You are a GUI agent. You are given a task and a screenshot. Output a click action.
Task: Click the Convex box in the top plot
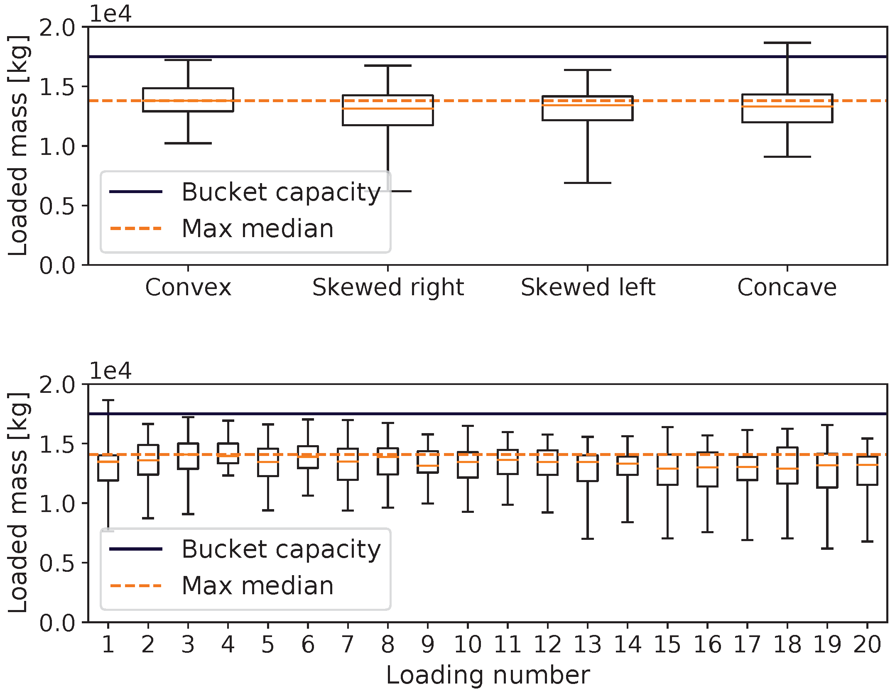[x=188, y=100]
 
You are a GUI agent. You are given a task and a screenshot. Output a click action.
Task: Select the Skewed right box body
[x=388, y=110]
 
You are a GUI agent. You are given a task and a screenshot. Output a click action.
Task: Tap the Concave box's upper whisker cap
[x=787, y=43]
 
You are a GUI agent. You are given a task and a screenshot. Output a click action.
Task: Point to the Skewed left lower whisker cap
[x=588, y=183]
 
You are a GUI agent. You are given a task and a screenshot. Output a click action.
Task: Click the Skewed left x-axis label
[x=588, y=287]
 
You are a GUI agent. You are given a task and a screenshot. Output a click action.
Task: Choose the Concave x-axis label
[x=787, y=287]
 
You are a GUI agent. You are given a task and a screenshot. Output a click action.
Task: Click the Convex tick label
[x=188, y=287]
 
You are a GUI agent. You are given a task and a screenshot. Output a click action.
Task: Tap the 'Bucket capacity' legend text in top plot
[x=281, y=192]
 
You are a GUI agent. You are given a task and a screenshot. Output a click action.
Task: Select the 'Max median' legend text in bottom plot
[x=258, y=586]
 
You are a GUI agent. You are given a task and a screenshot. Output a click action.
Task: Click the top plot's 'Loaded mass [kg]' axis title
[x=17, y=145]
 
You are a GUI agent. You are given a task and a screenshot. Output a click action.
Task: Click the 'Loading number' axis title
[x=488, y=675]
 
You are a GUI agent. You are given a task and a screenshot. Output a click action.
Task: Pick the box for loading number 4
[x=228, y=453]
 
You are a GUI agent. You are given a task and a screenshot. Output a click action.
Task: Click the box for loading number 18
[x=787, y=466]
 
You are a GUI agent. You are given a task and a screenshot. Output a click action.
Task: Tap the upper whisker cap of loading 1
[x=108, y=400]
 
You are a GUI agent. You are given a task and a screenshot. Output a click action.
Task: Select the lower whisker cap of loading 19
[x=827, y=549]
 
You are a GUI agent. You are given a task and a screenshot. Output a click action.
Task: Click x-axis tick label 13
[x=588, y=645]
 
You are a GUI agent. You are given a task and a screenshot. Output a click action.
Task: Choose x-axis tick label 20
[x=867, y=645]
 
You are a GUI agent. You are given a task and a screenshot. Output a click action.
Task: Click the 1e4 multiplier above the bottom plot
[x=110, y=371]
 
